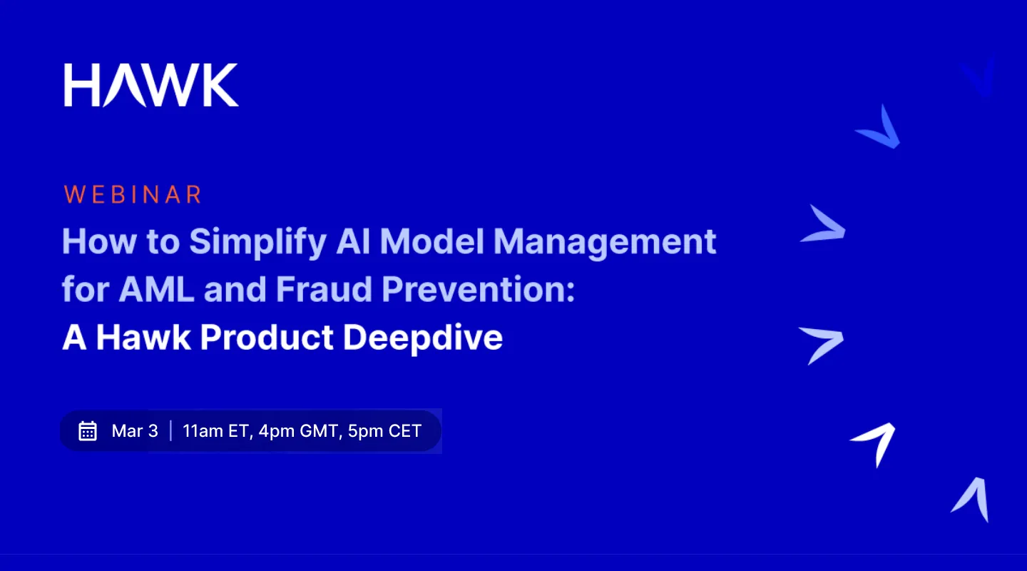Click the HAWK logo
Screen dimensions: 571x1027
point(151,85)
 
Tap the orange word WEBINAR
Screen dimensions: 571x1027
point(133,195)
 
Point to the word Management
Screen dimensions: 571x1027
point(605,242)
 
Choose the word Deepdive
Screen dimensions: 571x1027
point(423,338)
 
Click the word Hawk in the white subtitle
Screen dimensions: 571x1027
point(143,338)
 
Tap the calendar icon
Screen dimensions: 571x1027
point(88,431)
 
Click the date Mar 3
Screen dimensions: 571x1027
point(135,431)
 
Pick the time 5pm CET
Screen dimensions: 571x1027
point(385,431)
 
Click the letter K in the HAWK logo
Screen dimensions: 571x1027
point(217,85)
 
